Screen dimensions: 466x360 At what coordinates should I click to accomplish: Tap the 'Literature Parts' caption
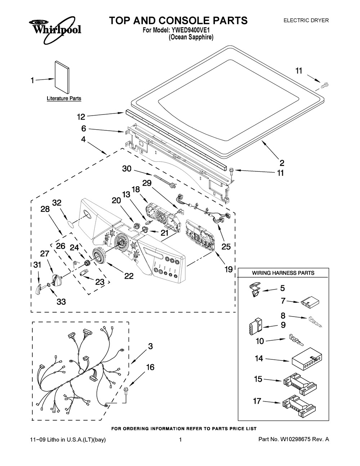pyautogui.click(x=64, y=98)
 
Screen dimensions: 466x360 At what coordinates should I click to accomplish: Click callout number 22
pyautogui.click(x=129, y=276)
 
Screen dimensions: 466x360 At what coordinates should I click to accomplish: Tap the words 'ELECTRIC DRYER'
pyautogui.click(x=306, y=21)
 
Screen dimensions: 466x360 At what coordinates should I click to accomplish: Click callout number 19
pyautogui.click(x=229, y=269)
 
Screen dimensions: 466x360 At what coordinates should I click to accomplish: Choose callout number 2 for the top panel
pyautogui.click(x=282, y=162)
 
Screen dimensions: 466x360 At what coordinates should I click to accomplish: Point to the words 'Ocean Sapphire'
pyautogui.click(x=191, y=37)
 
